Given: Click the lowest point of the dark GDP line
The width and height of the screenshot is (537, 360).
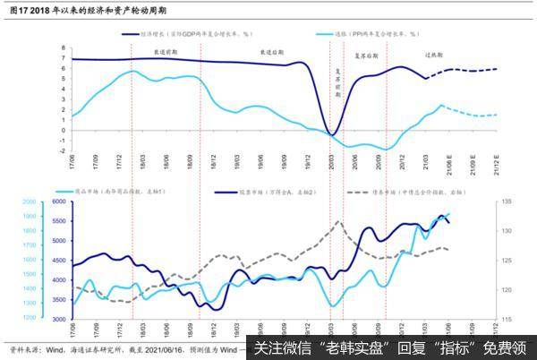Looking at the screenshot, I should (331, 135).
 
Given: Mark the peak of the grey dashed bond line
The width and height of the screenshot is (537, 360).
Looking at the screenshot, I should (338, 221).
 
